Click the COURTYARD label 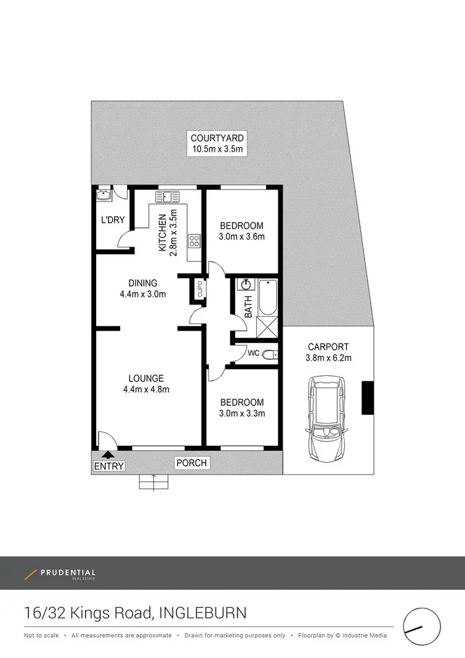tap(217, 138)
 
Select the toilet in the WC tap(268, 355)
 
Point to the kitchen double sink tap(167, 197)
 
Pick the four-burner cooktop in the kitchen tap(194, 241)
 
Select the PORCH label tap(192, 463)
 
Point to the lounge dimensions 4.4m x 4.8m tap(146, 389)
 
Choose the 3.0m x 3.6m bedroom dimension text tap(241, 236)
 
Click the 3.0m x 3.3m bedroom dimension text tap(241, 413)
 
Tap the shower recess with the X tap(267, 325)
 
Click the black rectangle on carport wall tap(367, 398)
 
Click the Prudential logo tap(60, 574)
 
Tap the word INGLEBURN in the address tap(203, 613)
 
